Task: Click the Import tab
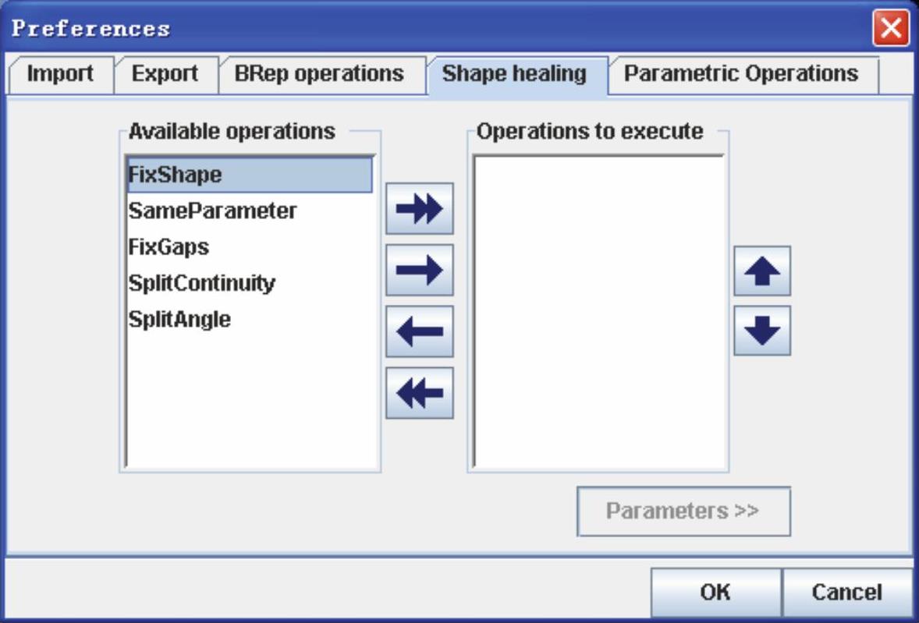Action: point(60,74)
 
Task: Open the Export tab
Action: point(165,74)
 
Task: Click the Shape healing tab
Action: point(515,74)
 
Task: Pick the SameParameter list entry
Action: point(212,211)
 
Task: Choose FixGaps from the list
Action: point(169,247)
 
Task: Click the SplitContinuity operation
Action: point(201,283)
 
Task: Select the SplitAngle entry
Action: point(179,320)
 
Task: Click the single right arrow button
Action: point(420,270)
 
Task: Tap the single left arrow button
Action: point(420,331)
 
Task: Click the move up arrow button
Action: point(762,271)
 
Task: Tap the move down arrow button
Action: point(762,331)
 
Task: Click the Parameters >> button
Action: point(683,511)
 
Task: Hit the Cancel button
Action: point(847,592)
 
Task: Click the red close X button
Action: point(891,28)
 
